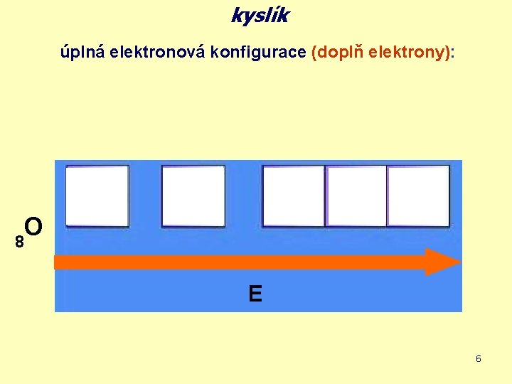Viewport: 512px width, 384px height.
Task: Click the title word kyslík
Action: (x=260, y=16)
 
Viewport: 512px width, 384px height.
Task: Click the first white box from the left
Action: (x=97, y=196)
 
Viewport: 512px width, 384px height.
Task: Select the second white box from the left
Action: (x=193, y=196)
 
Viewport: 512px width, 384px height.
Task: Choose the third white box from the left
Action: (x=294, y=196)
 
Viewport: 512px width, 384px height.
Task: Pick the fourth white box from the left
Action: (x=356, y=196)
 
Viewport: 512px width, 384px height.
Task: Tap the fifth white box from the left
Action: (x=418, y=196)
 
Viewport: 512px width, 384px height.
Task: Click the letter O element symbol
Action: (x=34, y=227)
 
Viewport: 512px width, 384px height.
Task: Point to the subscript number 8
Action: (x=20, y=242)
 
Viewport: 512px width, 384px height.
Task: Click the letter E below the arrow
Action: (x=255, y=293)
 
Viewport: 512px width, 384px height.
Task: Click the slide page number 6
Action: (x=479, y=358)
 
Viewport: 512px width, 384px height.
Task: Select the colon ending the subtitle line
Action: (x=453, y=54)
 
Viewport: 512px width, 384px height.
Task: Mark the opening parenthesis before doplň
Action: (x=314, y=53)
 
